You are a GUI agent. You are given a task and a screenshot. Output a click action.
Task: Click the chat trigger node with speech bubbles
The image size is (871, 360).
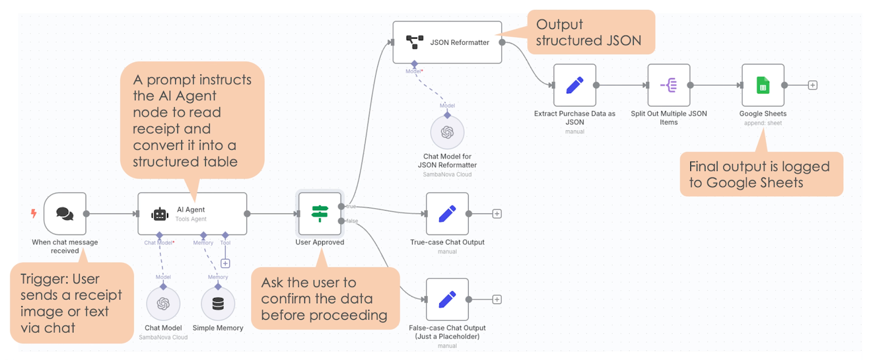tap(65, 213)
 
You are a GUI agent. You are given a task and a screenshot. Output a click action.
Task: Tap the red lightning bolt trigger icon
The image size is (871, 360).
tap(34, 213)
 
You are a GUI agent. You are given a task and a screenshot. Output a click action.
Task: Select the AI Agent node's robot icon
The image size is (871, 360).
tap(160, 214)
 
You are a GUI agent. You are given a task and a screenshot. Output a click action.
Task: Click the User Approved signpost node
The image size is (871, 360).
tap(320, 213)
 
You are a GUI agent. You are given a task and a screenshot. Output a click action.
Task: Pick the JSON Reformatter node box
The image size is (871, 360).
tap(447, 42)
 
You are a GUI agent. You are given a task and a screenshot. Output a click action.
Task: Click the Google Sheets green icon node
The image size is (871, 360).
tap(763, 85)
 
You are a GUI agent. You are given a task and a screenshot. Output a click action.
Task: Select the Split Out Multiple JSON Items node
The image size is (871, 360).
tap(668, 85)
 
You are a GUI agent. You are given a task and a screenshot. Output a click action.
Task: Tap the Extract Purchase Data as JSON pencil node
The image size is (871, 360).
tap(574, 85)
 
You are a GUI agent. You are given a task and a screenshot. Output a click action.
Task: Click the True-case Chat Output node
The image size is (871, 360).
tap(447, 213)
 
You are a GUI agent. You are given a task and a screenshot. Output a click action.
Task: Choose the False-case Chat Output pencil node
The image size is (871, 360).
tap(447, 299)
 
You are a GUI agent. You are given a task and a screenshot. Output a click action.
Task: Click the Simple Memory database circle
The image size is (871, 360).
tap(218, 303)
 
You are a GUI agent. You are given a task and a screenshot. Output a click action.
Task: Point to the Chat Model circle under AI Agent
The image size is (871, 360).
tap(163, 303)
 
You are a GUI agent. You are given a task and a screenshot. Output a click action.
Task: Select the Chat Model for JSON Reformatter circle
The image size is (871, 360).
tap(447, 132)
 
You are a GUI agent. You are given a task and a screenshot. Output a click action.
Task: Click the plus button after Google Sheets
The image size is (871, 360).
tap(812, 85)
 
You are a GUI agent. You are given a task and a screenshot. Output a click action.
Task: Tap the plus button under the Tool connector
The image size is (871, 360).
tap(225, 264)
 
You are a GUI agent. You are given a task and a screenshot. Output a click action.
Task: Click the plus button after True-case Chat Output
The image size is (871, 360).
tap(496, 213)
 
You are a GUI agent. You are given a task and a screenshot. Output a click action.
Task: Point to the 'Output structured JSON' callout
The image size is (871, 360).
tap(591, 33)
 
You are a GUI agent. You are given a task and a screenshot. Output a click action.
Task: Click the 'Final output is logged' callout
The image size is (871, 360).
tap(760, 174)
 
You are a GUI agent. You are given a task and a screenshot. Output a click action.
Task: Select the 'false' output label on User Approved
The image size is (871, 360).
tap(352, 221)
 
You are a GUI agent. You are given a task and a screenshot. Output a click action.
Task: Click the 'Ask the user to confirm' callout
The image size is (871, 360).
tap(324, 298)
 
